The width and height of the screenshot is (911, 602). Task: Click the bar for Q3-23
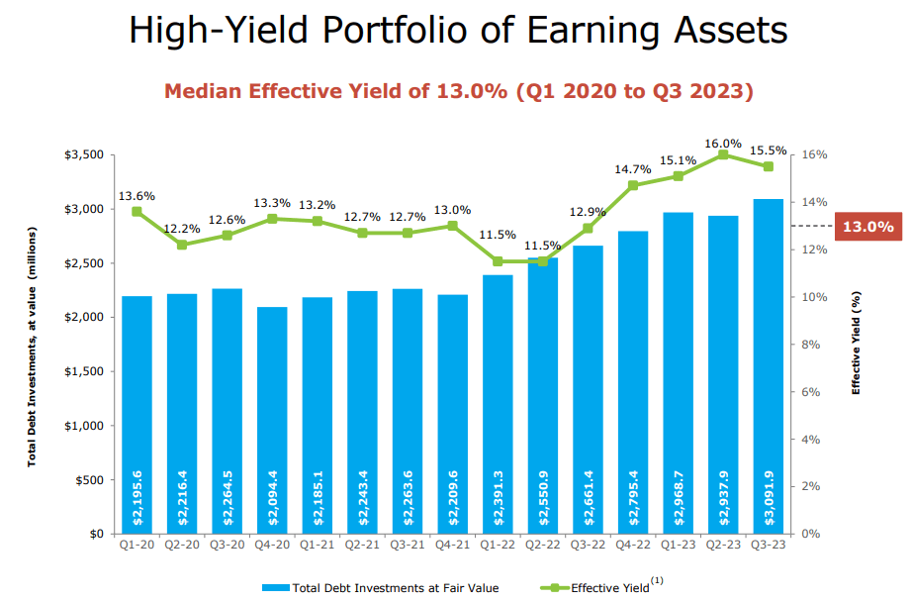point(768,366)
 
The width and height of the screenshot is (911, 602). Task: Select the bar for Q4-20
point(272,420)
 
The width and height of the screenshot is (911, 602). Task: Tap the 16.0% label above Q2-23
point(723,144)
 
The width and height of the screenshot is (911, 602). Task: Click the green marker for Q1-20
point(137,212)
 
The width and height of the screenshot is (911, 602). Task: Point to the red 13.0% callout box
point(867,227)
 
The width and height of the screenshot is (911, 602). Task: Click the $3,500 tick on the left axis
point(83,155)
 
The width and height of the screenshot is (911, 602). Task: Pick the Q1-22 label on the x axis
point(498,546)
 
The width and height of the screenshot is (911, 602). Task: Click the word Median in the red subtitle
point(206,92)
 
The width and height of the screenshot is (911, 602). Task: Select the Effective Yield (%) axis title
point(857,343)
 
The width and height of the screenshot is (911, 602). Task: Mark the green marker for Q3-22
point(588,228)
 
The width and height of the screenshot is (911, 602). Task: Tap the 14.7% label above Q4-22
point(633,169)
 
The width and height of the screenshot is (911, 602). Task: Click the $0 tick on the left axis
point(95,534)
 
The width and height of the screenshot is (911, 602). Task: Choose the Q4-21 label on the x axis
point(453,546)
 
